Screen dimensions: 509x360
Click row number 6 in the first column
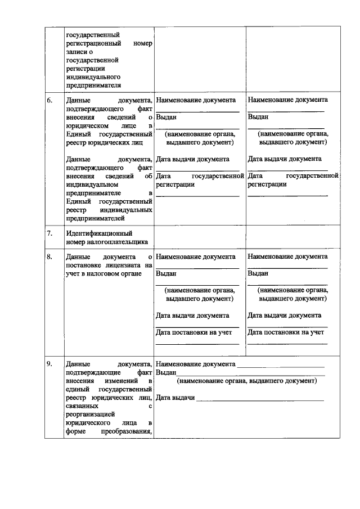(x=49, y=101)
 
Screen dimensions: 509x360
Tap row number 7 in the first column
(x=49, y=233)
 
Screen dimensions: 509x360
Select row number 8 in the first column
(x=49, y=257)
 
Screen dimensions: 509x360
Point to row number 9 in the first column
(x=49, y=364)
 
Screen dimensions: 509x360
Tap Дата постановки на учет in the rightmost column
(x=286, y=332)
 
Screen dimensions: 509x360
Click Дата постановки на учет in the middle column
(x=193, y=332)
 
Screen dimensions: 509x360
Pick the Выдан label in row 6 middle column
(x=166, y=118)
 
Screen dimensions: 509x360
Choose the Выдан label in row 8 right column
(x=258, y=273)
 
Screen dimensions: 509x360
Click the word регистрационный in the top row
(x=92, y=43)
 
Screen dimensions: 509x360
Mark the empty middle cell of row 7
(x=199, y=237)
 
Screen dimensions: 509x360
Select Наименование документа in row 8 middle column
(x=196, y=257)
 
